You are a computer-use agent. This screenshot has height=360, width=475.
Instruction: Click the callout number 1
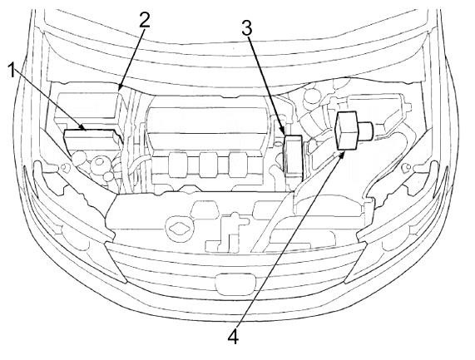[x=12, y=70]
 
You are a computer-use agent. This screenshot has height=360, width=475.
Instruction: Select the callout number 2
[x=145, y=20]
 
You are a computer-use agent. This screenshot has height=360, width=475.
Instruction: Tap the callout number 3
[x=246, y=28]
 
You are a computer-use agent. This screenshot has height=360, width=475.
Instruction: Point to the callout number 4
[x=233, y=336]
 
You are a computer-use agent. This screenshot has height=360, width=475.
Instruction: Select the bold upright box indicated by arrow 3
[x=293, y=155]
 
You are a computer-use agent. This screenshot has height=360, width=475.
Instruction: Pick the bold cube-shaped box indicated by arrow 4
[x=346, y=131]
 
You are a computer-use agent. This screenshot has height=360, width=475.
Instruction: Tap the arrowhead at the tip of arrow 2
[x=120, y=88]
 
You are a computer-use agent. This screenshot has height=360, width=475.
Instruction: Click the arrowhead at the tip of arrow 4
[x=342, y=155]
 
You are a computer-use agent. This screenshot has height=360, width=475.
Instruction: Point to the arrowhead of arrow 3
[x=283, y=131]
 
